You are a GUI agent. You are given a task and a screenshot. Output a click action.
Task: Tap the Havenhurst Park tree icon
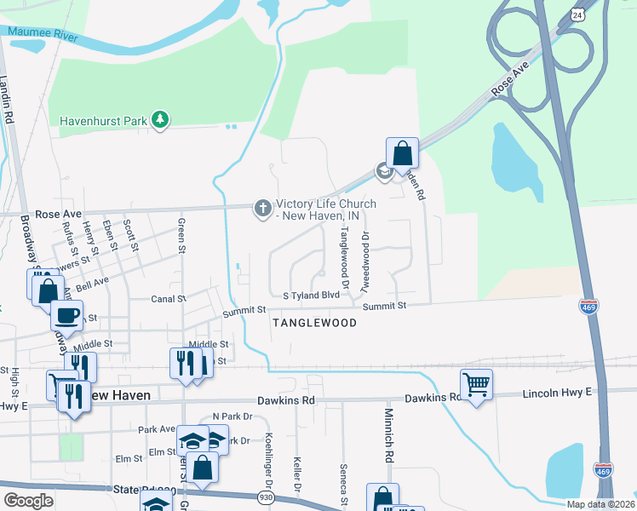tap(159, 120)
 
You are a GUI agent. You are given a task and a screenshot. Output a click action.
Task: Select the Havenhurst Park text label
tap(104, 121)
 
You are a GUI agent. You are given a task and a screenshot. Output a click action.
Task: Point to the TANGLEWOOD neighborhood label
tap(313, 324)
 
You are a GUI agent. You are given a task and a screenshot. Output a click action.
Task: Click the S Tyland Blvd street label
tap(312, 296)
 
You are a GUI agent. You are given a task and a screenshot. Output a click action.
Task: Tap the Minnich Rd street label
tap(387, 446)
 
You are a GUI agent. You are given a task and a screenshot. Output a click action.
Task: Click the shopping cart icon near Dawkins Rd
tap(476, 384)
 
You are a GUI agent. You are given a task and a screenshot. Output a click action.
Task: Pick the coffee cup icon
tap(66, 314)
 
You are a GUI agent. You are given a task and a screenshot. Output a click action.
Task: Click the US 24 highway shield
tap(577, 15)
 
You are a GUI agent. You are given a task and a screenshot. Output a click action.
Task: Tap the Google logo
tap(28, 501)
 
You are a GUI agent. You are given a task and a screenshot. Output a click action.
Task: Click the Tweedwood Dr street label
tap(365, 259)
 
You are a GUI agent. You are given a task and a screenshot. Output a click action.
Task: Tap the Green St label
tap(181, 236)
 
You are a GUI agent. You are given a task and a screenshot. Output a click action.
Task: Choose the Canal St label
tap(169, 299)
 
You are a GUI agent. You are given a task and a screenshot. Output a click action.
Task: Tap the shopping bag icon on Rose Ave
tap(403, 153)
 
